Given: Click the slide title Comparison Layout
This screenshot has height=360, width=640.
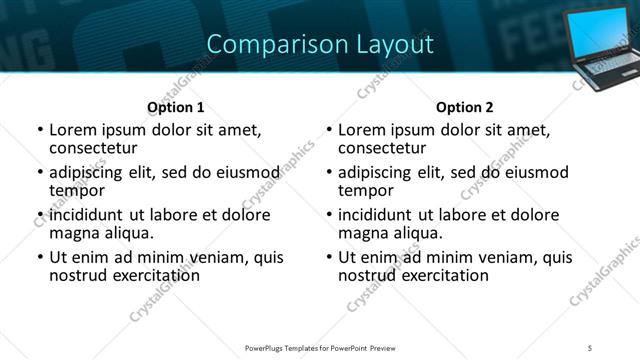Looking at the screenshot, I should (320, 44).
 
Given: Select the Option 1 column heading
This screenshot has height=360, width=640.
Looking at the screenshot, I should (176, 107).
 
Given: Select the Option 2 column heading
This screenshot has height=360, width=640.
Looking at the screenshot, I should (464, 107).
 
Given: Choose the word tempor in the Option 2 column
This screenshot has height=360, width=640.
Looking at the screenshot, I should (366, 190).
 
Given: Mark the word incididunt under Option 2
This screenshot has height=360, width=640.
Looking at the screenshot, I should (377, 215).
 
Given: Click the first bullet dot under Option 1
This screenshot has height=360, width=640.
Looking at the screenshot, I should (39, 130).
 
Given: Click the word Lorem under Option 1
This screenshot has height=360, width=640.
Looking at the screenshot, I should (74, 130).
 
